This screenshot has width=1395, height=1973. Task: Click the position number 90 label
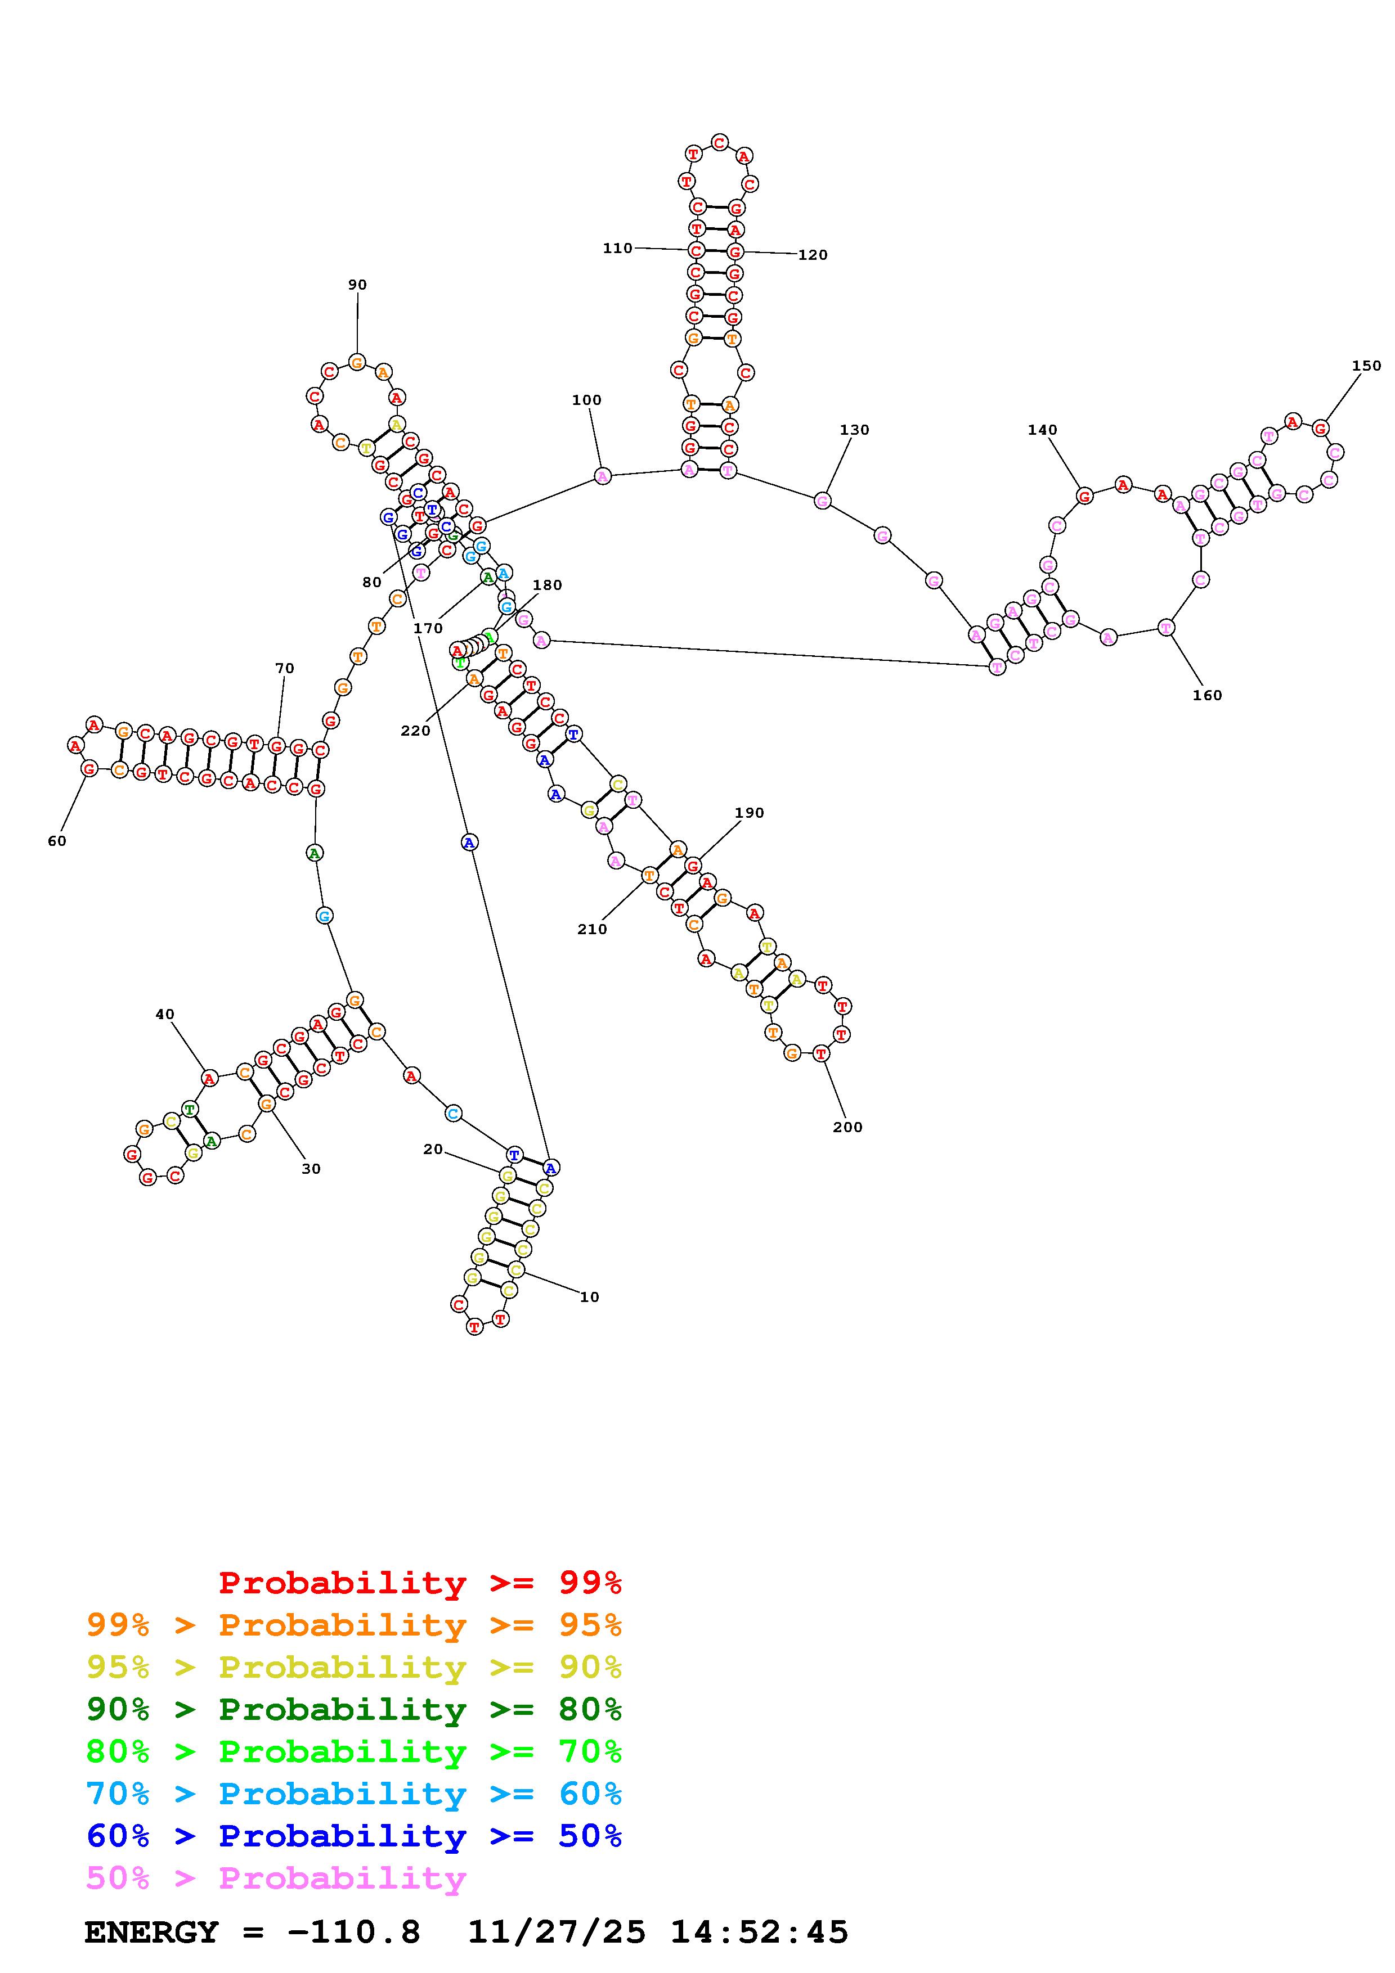(x=357, y=285)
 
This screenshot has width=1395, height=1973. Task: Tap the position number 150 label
(x=1366, y=365)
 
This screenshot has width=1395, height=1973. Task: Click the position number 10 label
(x=589, y=1297)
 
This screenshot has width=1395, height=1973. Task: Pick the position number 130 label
(x=854, y=430)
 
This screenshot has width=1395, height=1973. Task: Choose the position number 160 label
(x=1206, y=695)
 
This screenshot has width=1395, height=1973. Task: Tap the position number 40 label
(x=164, y=1014)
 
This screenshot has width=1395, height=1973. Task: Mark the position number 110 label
(x=617, y=249)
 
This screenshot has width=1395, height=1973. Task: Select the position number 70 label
(x=285, y=668)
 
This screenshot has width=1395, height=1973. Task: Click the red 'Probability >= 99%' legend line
(x=419, y=1583)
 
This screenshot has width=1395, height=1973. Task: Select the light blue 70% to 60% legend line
(x=354, y=1794)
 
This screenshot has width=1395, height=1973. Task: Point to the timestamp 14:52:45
(x=759, y=1933)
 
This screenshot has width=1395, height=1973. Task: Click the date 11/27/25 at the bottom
(x=556, y=1933)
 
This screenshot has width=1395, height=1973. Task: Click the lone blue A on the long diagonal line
(x=468, y=843)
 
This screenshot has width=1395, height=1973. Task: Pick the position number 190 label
(x=748, y=812)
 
